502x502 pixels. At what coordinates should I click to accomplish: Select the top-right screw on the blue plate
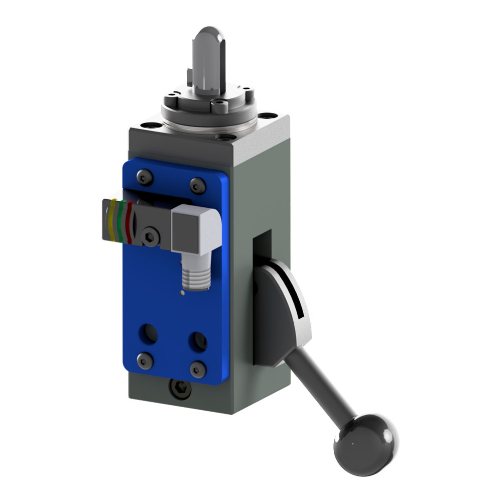[197, 186]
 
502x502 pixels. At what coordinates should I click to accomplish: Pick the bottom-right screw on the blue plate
[198, 369]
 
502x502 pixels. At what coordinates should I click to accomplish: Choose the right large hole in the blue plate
[198, 342]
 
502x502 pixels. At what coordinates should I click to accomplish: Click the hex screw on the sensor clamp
[150, 237]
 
